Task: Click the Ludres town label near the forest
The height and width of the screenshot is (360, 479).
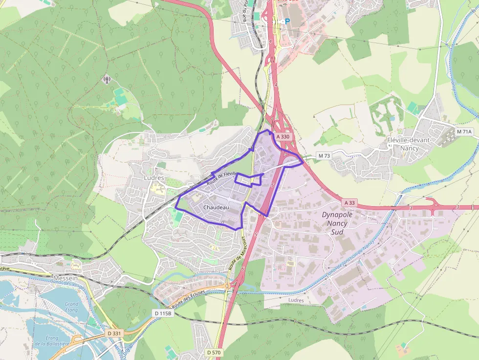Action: coord(154,178)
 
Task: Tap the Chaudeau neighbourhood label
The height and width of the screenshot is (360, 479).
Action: coord(216,208)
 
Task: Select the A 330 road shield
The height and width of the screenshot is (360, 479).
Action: coord(283,137)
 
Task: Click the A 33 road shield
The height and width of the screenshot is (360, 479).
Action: coord(349,202)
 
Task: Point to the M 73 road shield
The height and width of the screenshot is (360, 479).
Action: coord(324,156)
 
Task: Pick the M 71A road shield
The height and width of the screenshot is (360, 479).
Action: coord(464,132)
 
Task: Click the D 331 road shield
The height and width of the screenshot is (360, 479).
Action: coord(113,333)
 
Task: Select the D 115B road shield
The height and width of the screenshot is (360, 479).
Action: coord(163,313)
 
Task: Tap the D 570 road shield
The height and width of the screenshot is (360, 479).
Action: coord(214,352)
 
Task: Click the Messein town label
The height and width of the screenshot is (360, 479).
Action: coord(65,278)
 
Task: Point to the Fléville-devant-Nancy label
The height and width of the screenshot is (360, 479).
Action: coord(409,144)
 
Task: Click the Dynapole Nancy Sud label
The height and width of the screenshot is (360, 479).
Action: coord(337,223)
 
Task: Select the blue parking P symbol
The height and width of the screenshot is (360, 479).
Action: coord(287,21)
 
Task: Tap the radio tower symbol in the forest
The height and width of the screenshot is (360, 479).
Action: coord(107,79)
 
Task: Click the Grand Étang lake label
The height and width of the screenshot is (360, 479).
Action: coord(71,307)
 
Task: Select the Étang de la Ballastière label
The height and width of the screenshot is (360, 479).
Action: coord(51,340)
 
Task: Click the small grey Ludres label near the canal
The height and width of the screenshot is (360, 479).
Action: coord(296,300)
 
